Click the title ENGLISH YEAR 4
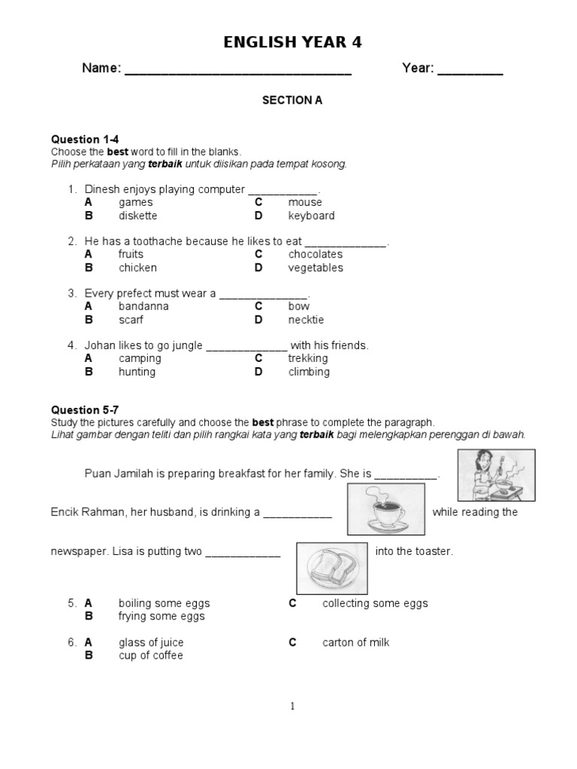pos(292,43)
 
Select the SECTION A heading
pos(292,100)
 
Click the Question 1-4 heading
pos(85,139)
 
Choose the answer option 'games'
pos(135,202)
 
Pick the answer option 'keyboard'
pos(311,216)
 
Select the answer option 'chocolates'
pos(315,255)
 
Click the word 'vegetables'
pos(315,267)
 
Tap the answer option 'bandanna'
pos(143,306)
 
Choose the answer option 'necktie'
pos(306,319)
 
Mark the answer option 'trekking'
pos(308,358)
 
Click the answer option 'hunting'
pos(137,372)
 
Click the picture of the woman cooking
pos(496,475)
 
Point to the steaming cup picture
pos(385,509)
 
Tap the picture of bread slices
pos(331,568)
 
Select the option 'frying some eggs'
pos(162,617)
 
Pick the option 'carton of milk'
pos(355,642)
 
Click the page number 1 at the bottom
pos(292,706)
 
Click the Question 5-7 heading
pos(85,410)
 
